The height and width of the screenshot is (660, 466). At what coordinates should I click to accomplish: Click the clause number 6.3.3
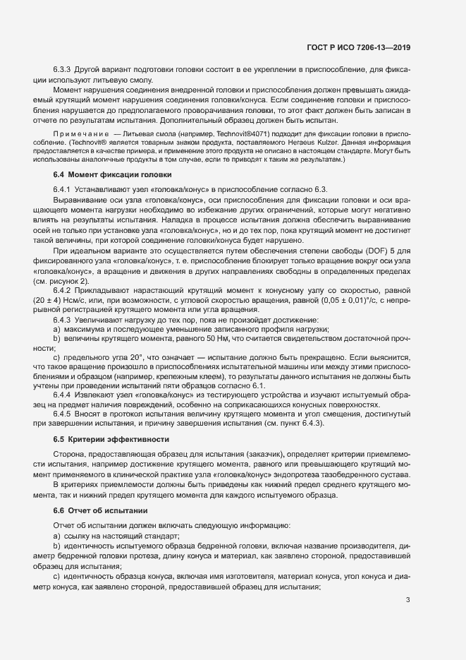tap(62, 71)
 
